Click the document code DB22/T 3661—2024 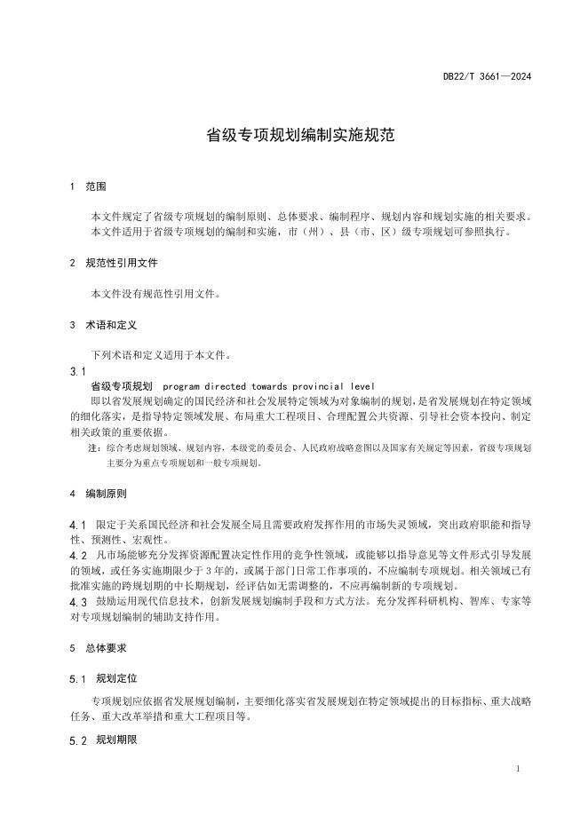(x=487, y=77)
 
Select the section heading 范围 (x=96, y=187)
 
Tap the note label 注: (x=94, y=448)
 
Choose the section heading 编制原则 (x=106, y=493)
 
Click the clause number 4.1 (x=77, y=525)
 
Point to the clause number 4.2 (x=77, y=556)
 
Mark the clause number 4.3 (x=77, y=602)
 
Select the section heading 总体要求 (x=106, y=648)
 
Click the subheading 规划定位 (x=116, y=679)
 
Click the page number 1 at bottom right (x=518, y=769)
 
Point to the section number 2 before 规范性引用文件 (x=72, y=264)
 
